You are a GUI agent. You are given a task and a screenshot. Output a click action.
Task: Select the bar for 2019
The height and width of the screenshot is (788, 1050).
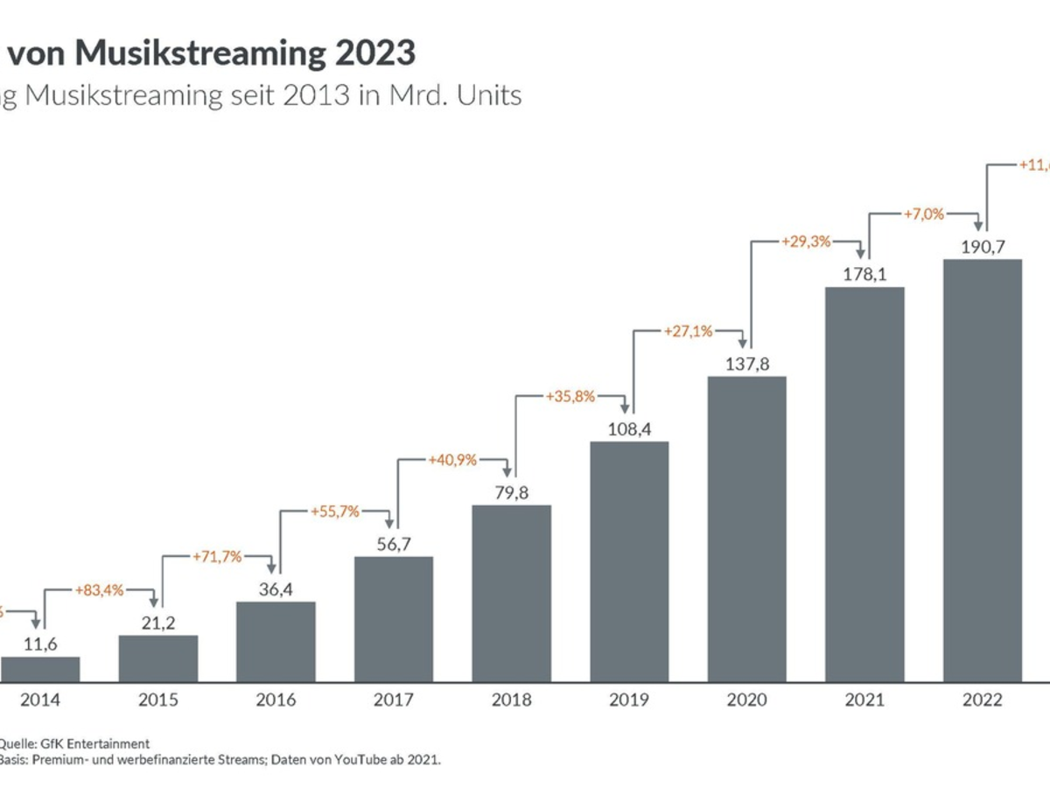pos(629,561)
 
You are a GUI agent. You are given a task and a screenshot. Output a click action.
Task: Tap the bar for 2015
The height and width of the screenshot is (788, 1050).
pos(158,658)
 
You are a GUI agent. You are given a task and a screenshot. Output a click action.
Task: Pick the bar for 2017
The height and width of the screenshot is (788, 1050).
pos(394,619)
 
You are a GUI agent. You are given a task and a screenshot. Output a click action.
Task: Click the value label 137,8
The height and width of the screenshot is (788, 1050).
pos(746,364)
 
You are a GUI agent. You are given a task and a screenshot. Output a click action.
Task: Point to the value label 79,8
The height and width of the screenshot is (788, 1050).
pos(511,493)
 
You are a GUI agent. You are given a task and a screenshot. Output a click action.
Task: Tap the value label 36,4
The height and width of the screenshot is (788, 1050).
pos(276,589)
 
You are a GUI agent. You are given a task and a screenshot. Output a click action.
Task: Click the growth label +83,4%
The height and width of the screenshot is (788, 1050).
pos(99,591)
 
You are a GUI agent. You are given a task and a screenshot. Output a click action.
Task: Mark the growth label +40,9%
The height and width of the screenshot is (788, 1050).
pos(451,459)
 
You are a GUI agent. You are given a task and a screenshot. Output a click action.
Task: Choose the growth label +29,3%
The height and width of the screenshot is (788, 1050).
pos(806,241)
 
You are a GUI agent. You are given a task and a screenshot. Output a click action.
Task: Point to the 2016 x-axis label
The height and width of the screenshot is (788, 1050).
pos(276,700)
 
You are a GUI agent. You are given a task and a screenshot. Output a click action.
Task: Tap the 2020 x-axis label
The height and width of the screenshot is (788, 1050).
pos(746,700)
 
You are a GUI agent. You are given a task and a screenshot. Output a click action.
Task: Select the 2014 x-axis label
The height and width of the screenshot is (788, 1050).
pos(40,700)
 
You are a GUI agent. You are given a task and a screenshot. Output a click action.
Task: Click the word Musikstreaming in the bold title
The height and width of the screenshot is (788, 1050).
pos(199,53)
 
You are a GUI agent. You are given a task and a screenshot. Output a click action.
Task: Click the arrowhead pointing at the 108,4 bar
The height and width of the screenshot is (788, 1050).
pos(624,408)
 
